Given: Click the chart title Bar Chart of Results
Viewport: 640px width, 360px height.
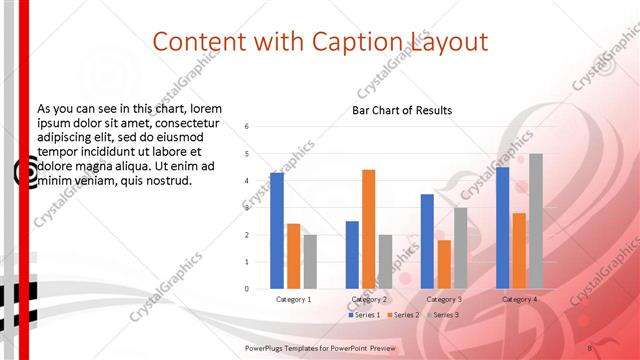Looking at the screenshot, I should [x=402, y=110].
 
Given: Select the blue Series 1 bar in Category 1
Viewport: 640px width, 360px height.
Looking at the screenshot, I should [x=277, y=230].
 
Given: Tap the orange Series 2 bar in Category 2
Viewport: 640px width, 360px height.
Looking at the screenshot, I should [x=368, y=229].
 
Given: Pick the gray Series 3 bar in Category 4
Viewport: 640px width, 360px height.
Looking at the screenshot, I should [x=536, y=221].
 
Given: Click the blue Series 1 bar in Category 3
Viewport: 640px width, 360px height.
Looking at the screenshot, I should [x=427, y=241].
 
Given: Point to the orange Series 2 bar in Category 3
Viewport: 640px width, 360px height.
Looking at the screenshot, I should [x=444, y=264].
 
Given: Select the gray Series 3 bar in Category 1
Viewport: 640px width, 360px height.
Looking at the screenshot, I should [x=310, y=261].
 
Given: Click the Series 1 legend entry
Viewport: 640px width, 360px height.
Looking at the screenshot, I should [x=364, y=315].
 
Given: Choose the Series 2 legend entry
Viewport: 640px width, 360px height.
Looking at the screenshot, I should [x=403, y=315].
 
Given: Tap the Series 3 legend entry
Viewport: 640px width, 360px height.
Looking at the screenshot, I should [x=442, y=315].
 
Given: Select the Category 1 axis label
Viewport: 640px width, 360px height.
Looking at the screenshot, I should [x=293, y=299].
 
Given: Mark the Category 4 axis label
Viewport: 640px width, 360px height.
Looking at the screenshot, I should [x=519, y=299].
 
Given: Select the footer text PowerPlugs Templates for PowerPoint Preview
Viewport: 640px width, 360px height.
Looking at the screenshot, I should [x=320, y=347].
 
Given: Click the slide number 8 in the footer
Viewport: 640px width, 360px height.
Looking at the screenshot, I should [x=590, y=347].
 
